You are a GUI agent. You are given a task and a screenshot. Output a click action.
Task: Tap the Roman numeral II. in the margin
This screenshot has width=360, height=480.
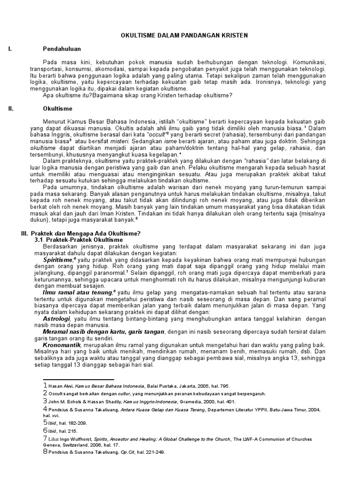click(11, 108)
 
